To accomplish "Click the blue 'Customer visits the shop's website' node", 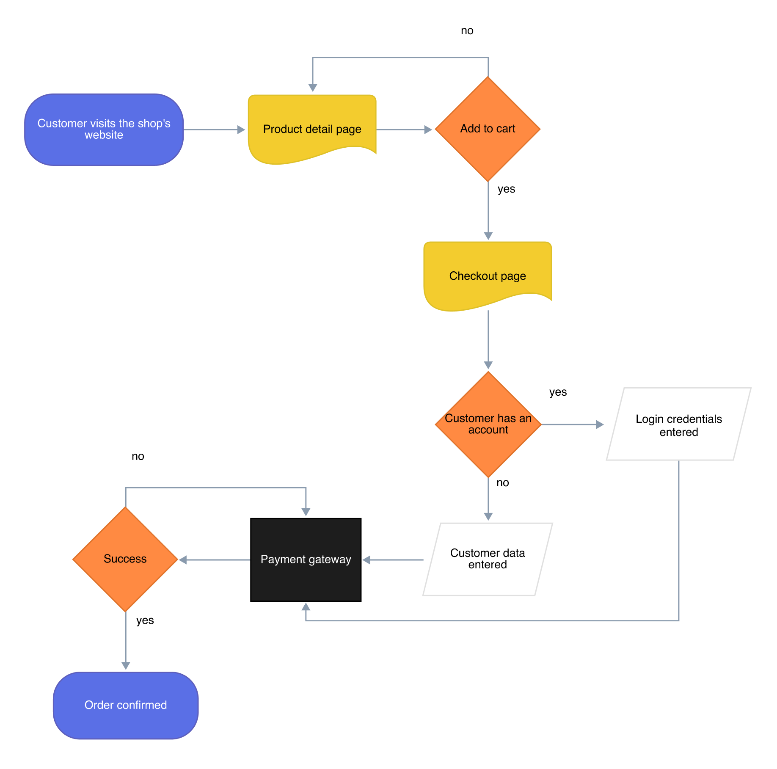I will tap(104, 129).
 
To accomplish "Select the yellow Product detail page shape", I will tap(312, 127).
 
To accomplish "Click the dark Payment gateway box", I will tap(306, 576).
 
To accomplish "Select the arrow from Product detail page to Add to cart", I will tap(404, 130).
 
